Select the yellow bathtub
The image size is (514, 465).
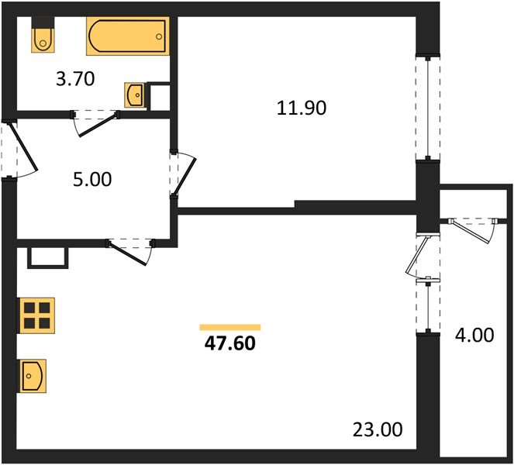pyautogui.click(x=127, y=36)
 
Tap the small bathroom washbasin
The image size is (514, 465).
pyautogui.click(x=133, y=95)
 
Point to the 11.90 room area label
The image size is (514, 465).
pyautogui.click(x=302, y=108)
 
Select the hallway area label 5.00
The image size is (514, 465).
pyautogui.click(x=92, y=180)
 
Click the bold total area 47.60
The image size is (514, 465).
pyautogui.click(x=229, y=343)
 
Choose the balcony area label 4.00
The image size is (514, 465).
pyautogui.click(x=473, y=336)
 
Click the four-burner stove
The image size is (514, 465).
pyautogui.click(x=36, y=315)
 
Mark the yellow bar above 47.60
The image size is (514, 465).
pyautogui.click(x=229, y=327)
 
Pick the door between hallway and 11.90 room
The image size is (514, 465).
pyautogui.click(x=185, y=174)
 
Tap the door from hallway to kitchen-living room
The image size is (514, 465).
pyautogui.click(x=129, y=250)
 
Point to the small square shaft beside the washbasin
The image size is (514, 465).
pyautogui.click(x=160, y=95)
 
